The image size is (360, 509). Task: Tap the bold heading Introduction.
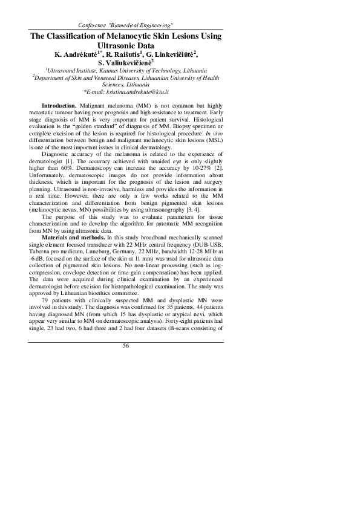(59, 106)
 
